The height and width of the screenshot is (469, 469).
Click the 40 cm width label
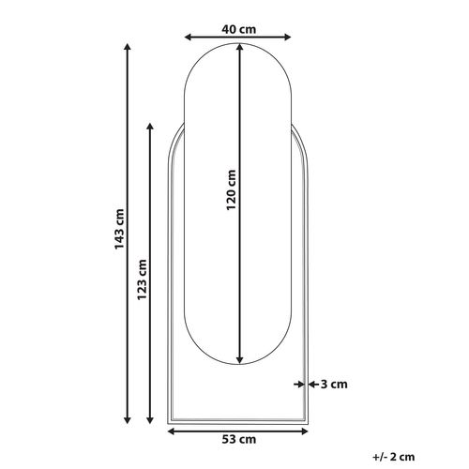[240, 28]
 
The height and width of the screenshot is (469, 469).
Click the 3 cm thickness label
[334, 384]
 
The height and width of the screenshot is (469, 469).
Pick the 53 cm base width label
[240, 439]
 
